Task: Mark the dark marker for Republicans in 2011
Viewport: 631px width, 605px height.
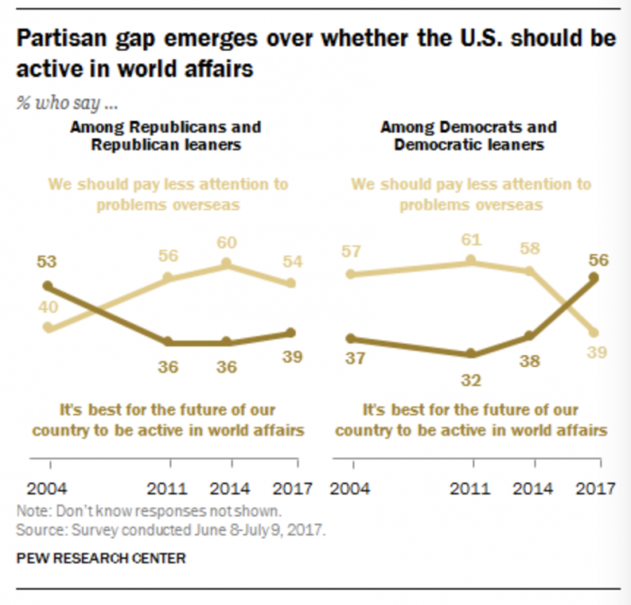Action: [168, 343]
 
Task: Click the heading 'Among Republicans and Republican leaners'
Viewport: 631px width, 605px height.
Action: [166, 135]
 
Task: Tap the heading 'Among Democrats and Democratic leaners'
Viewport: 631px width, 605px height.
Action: [469, 135]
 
